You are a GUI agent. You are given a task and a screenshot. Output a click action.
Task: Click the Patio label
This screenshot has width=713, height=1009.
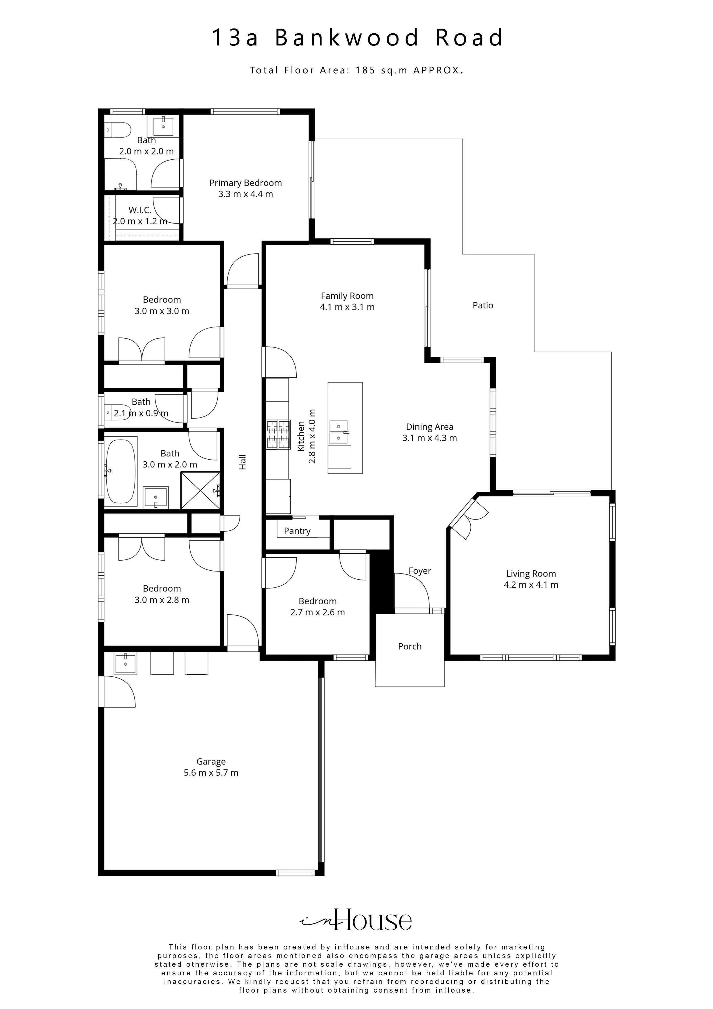click(x=483, y=305)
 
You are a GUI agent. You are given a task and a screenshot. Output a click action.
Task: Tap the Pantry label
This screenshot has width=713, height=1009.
click(x=297, y=531)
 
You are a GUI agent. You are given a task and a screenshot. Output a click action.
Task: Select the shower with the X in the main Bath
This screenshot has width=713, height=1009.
click(x=200, y=490)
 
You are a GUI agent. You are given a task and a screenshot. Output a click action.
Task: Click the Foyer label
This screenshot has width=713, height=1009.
click(x=419, y=571)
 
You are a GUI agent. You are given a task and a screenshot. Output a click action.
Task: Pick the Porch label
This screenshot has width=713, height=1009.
click(x=409, y=647)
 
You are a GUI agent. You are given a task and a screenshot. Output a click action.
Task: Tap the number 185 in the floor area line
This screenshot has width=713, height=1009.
click(x=365, y=70)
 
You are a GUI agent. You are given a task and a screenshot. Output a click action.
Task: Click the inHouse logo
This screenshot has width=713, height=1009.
click(x=356, y=920)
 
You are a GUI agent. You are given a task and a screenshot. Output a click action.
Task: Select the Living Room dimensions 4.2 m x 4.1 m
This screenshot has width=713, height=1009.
click(x=531, y=585)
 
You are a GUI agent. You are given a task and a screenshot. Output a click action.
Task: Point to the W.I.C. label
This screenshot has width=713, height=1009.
click(x=140, y=210)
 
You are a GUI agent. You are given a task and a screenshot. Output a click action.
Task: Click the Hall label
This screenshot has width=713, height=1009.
click(x=242, y=462)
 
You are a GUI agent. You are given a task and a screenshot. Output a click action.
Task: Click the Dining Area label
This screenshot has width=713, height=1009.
click(x=429, y=427)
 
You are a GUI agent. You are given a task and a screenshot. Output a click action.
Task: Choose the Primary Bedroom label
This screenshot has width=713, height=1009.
click(x=245, y=183)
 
